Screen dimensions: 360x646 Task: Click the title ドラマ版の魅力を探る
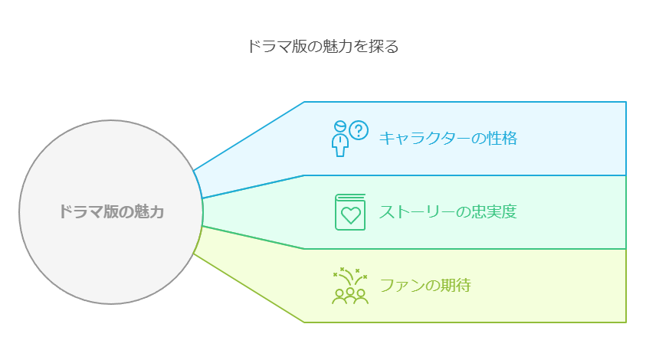coord(323,47)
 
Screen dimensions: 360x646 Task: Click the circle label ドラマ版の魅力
coord(112,212)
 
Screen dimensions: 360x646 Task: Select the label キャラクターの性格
coord(448,138)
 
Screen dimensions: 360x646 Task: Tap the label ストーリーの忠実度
coord(448,212)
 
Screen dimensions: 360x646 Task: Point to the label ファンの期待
coord(425,286)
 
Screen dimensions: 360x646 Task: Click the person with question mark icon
coord(349,138)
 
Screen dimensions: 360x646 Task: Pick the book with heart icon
coord(350,212)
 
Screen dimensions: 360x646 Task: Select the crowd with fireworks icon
coord(350,286)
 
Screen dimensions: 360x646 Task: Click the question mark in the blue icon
coord(359,129)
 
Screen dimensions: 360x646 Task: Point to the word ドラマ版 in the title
coord(274,47)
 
